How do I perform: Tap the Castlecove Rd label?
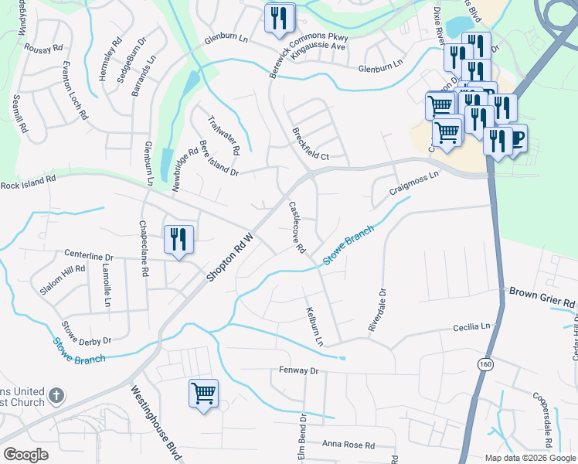point(297,227)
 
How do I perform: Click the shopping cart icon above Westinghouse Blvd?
point(203,393)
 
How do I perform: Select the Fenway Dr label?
point(298,371)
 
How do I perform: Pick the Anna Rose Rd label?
point(348,445)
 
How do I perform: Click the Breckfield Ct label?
point(311,144)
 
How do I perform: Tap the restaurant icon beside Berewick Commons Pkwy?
point(280,18)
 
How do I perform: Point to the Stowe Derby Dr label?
point(87,333)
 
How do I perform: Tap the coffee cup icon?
point(515,138)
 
